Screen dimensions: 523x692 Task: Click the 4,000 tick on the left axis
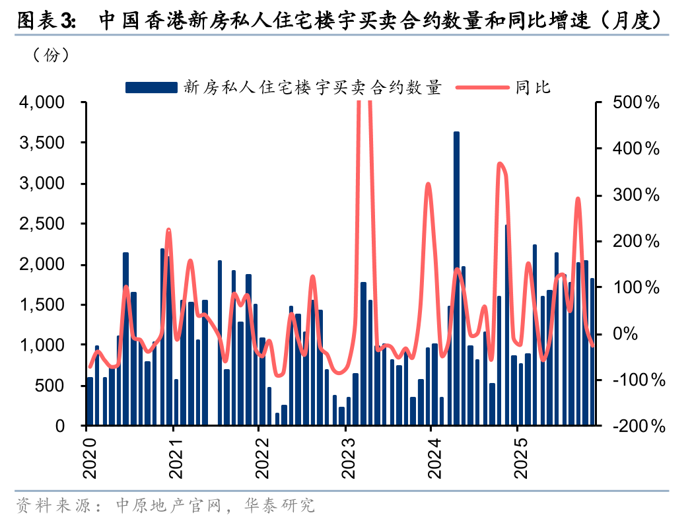(x=42, y=102)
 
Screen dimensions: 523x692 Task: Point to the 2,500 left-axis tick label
(x=42, y=224)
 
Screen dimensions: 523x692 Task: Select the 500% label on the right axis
(x=636, y=102)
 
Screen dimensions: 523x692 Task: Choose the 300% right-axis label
(x=636, y=195)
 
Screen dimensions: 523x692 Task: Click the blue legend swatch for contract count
(x=151, y=87)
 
